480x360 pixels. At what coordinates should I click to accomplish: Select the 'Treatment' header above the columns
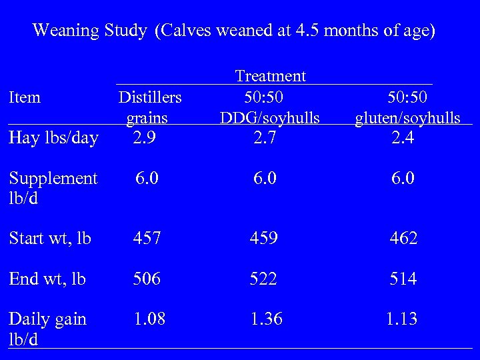[x=270, y=76]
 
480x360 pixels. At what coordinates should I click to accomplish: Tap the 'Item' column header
[x=25, y=97]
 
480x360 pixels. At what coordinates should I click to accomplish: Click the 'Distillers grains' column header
[x=149, y=107]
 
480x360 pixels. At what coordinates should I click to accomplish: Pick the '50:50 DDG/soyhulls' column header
[x=270, y=107]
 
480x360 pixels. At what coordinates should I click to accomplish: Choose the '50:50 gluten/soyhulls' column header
[x=407, y=107]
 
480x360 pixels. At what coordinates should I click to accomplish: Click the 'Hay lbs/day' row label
[x=53, y=139]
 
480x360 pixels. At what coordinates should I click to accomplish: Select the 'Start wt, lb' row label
[x=50, y=239]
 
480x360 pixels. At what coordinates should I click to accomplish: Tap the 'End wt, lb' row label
[x=47, y=279]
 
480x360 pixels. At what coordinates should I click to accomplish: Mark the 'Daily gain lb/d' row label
[x=48, y=329]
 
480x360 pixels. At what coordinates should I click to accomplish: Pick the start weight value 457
[x=147, y=239]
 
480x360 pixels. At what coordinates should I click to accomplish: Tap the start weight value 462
[x=403, y=239]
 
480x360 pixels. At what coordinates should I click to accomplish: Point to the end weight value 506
[x=147, y=279]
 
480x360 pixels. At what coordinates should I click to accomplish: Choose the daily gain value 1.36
[x=267, y=319]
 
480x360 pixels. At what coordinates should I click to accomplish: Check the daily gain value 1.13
[x=403, y=319]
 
